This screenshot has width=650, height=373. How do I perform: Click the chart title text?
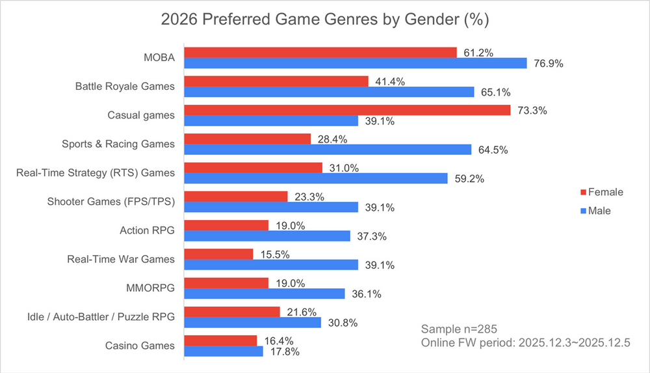coord(324,20)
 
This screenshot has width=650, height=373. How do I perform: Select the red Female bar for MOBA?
coord(320,53)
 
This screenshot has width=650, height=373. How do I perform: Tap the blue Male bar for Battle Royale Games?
coord(330,92)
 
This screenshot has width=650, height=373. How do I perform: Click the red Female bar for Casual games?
coord(348,110)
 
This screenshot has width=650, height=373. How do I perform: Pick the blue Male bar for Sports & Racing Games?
coord(328,150)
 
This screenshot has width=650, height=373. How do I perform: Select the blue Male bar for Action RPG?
coord(267,236)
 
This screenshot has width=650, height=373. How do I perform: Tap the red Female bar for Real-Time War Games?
coord(219,254)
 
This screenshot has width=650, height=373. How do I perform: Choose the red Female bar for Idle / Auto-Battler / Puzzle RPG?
coord(232,311)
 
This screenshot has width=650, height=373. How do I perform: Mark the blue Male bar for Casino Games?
coord(224,351)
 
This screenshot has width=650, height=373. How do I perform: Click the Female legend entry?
coord(601,192)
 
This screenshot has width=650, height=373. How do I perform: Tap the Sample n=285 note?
coord(460,328)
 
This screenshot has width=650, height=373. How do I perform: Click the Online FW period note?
coord(526,343)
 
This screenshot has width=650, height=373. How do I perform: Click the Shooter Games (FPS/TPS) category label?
coord(111,202)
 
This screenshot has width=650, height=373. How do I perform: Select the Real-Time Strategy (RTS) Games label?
coord(95,173)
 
